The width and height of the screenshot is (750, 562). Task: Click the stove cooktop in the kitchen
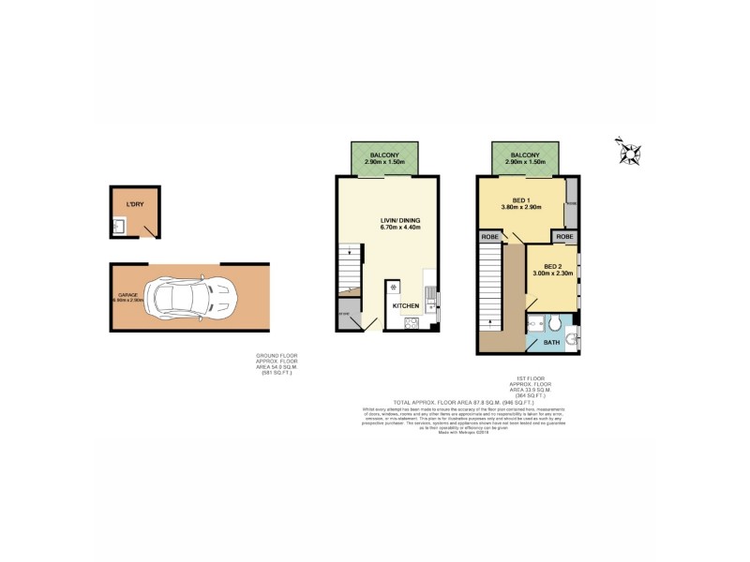point(412,322)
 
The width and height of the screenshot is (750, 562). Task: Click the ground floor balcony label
point(385,155)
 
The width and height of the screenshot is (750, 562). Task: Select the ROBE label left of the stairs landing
point(489,237)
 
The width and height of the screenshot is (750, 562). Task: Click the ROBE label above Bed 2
point(564,237)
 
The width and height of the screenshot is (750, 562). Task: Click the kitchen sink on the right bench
point(430,298)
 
